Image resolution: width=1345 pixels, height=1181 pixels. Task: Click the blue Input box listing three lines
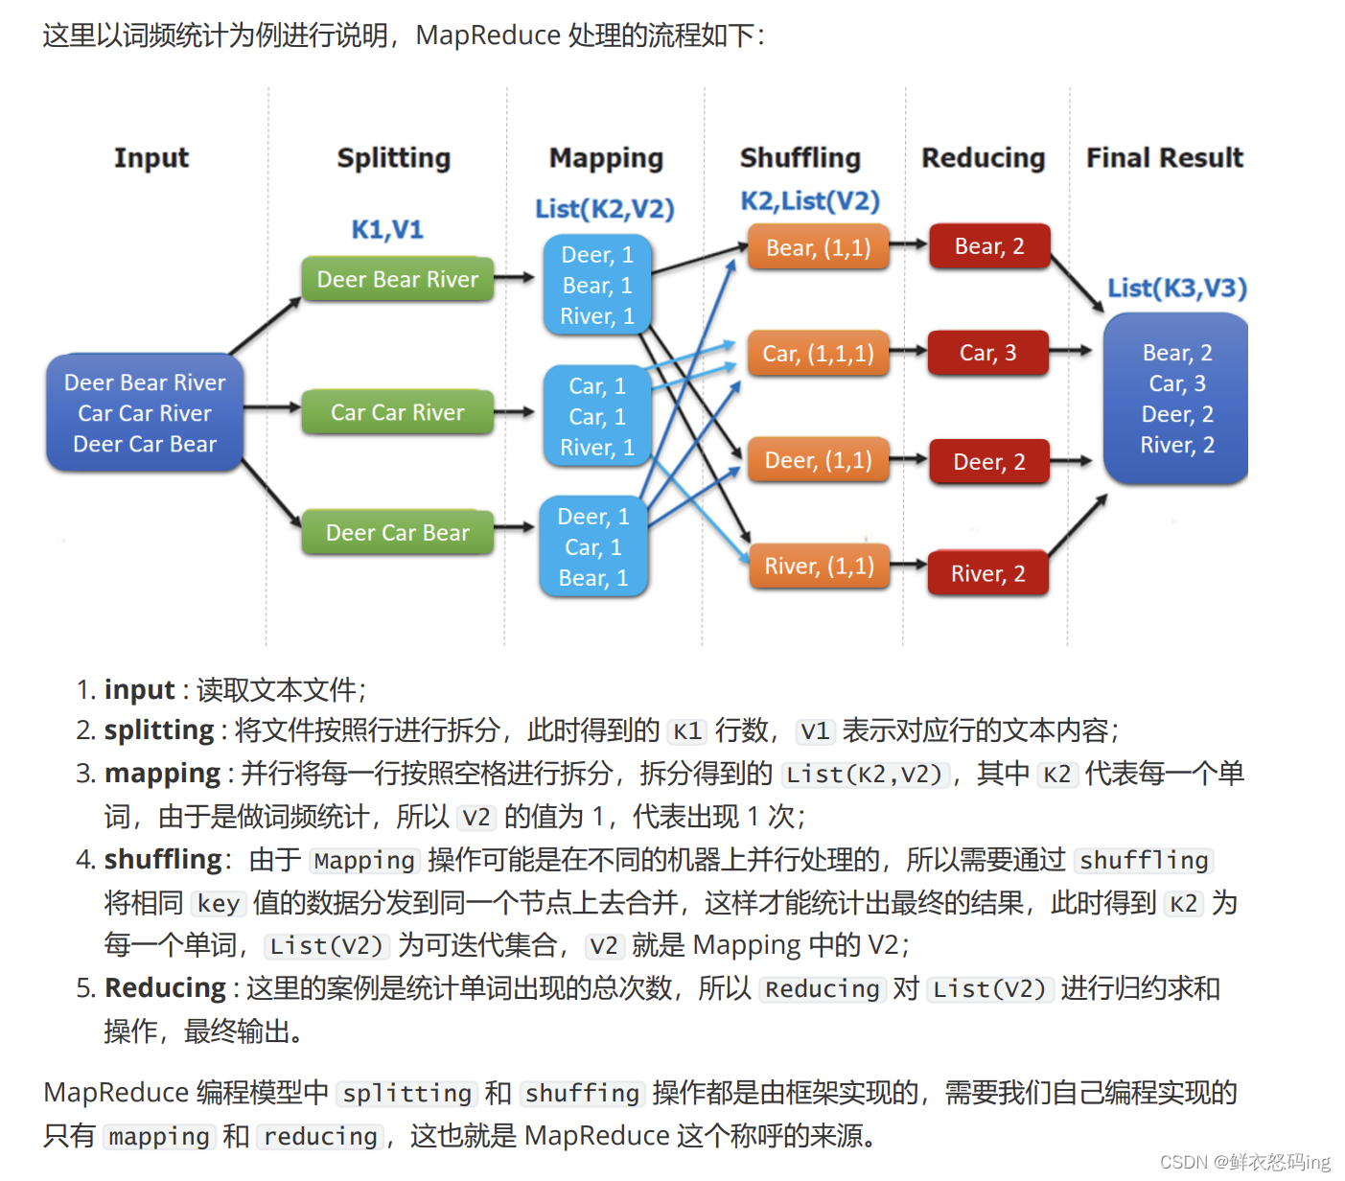click(x=145, y=413)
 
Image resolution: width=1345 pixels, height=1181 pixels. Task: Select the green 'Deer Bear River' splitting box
click(x=397, y=279)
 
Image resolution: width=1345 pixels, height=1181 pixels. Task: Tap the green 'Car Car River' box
click(x=397, y=412)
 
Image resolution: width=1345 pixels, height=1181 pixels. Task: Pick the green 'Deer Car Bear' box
click(x=397, y=532)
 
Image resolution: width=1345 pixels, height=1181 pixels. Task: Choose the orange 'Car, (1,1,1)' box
click(x=818, y=354)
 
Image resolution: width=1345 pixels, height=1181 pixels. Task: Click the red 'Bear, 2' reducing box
click(x=989, y=246)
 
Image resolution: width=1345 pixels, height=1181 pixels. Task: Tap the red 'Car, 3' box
click(x=987, y=353)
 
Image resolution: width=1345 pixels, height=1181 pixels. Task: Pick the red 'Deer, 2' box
click(x=988, y=462)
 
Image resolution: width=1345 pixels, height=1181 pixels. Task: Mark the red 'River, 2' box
click(x=987, y=573)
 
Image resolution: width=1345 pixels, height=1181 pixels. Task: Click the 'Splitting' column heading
click(x=393, y=157)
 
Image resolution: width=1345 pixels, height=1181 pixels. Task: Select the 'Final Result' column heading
click(x=1164, y=157)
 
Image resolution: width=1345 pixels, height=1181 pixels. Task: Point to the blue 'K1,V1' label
click(x=387, y=229)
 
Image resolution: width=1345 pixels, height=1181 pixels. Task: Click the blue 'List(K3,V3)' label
click(x=1177, y=288)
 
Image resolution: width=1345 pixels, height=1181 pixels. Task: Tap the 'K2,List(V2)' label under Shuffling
click(x=810, y=201)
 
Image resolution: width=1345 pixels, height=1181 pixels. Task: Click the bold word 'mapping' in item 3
click(x=162, y=773)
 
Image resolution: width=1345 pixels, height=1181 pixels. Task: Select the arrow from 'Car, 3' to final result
click(x=1071, y=351)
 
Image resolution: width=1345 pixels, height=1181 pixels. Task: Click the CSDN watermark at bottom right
click(x=1244, y=1162)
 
